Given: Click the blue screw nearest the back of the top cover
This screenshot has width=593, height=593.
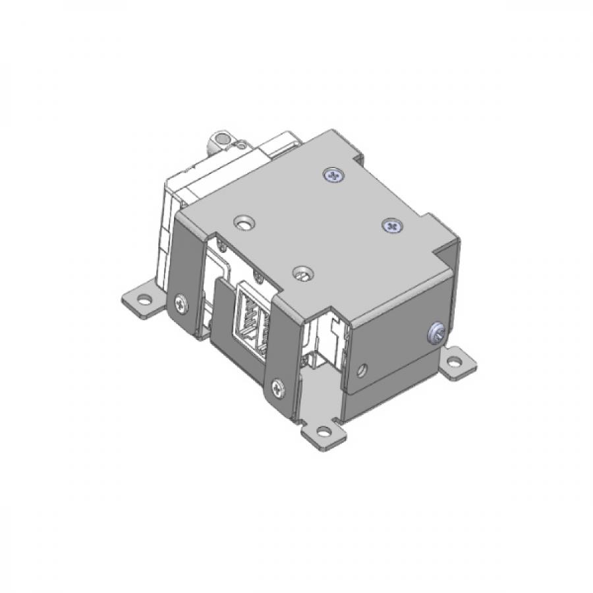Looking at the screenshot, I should (335, 175).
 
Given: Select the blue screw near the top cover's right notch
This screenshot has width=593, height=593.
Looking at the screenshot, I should (391, 226).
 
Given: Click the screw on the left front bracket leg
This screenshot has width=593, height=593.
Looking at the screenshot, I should (181, 304).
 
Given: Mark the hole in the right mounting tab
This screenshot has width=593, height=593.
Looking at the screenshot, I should (455, 362).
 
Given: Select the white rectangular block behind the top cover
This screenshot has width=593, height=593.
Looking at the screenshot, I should (277, 146).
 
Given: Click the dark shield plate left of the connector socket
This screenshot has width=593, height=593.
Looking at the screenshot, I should (223, 329).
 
